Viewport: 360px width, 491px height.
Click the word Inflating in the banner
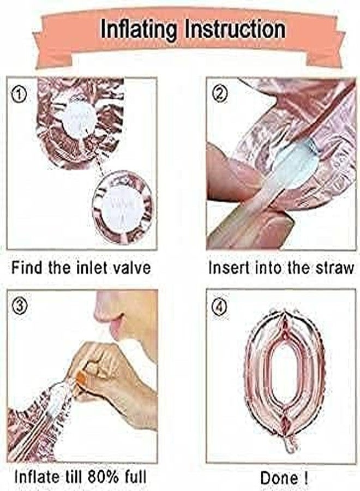pos(139,29)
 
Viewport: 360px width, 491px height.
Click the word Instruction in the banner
pos(235,29)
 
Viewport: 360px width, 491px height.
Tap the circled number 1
pos(19,94)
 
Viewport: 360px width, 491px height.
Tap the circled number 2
pos(220,93)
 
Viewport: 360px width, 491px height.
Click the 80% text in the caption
pos(103,477)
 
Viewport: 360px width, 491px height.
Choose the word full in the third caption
pos(136,477)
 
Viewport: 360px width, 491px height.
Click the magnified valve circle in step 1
pos(123,207)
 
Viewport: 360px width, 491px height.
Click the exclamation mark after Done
pos(305,478)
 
